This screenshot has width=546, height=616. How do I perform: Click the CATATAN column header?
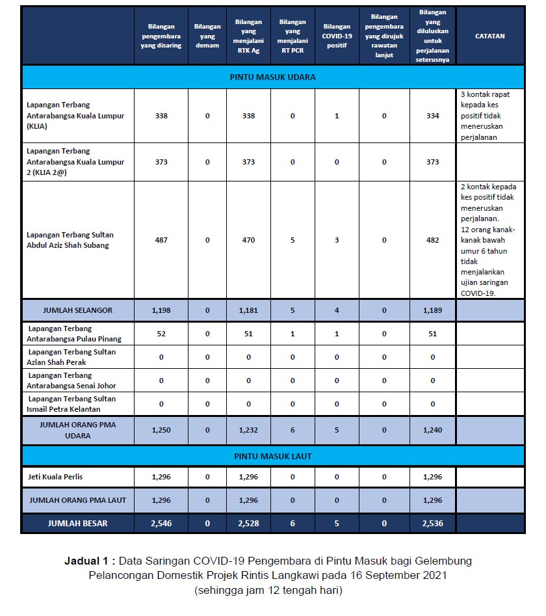pos(490,36)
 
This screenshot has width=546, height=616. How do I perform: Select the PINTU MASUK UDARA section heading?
pos(272,77)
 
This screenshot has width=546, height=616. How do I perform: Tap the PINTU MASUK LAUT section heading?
pos(272,456)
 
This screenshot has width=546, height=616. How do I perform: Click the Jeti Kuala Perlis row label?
pos(55,477)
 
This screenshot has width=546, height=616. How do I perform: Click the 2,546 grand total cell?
pos(161,523)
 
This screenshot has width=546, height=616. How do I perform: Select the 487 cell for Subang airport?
pos(161,240)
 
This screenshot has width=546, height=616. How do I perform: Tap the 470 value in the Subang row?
pos(249,240)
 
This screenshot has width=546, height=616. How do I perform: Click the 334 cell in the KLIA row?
pos(433,116)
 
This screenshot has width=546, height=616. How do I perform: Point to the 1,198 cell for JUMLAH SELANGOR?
pos(161,310)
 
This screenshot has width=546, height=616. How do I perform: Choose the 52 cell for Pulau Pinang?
pos(161,334)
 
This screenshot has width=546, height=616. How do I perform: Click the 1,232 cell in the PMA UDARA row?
pos(249,430)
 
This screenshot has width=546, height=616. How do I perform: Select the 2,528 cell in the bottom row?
pos(249,523)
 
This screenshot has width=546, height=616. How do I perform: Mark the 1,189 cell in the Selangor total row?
pos(433,310)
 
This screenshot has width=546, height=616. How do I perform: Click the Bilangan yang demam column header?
pos(207,36)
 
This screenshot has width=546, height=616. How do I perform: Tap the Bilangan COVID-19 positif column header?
pos(337,36)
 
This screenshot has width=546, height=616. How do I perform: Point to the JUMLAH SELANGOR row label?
pos(77,310)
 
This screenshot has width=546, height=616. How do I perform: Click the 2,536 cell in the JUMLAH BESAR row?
pos(433,523)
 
